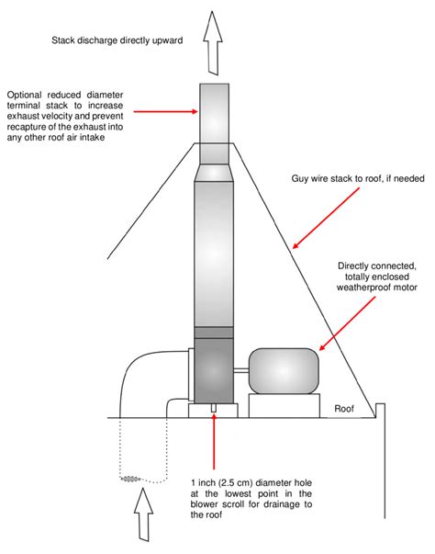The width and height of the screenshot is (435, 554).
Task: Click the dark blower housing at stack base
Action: (x=213, y=372)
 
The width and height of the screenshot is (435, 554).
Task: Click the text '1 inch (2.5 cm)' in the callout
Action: (x=224, y=483)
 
